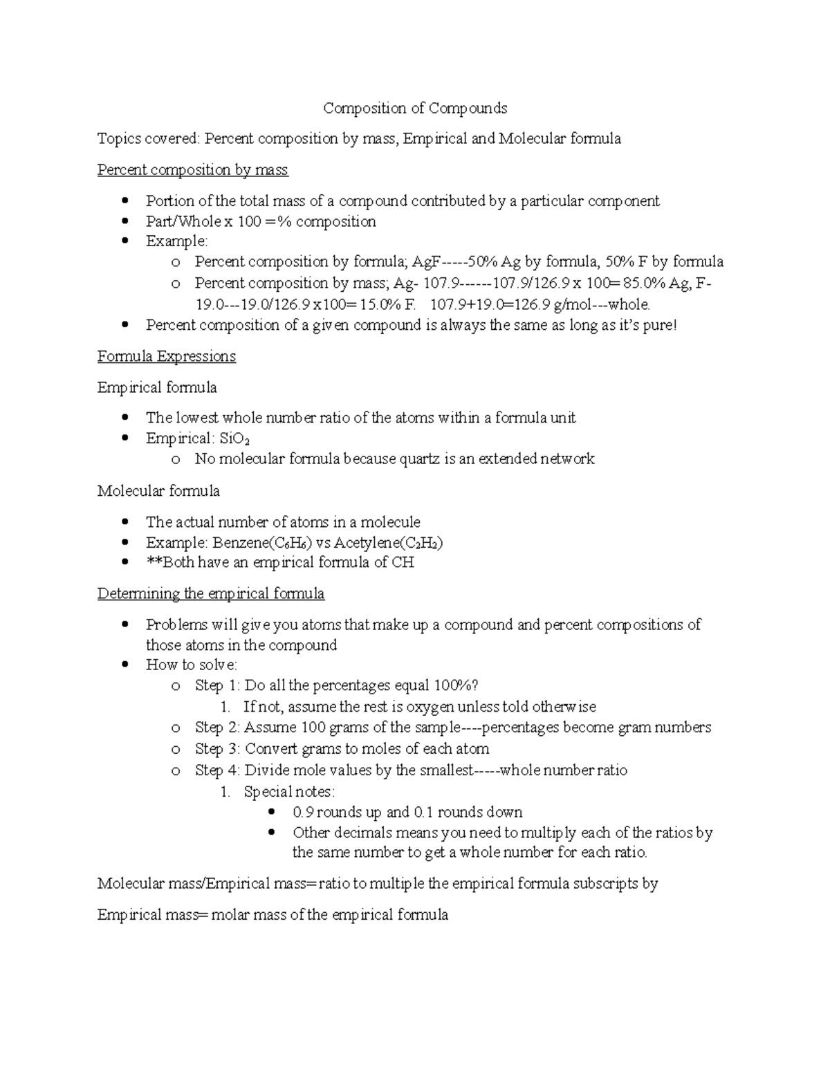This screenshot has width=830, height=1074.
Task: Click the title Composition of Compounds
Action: [x=415, y=109]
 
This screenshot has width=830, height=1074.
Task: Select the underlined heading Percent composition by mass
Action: [x=192, y=170]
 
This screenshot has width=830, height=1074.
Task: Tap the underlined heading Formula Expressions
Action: [x=166, y=356]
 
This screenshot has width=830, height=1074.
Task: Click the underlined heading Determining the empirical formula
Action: [x=210, y=594]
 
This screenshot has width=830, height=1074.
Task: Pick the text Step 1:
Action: [x=218, y=686]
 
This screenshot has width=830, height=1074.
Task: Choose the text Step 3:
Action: [x=218, y=749]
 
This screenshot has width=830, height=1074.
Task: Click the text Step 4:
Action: [x=218, y=770]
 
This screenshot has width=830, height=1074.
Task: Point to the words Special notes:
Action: [x=288, y=792]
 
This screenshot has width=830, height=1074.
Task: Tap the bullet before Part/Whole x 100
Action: [x=125, y=222]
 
